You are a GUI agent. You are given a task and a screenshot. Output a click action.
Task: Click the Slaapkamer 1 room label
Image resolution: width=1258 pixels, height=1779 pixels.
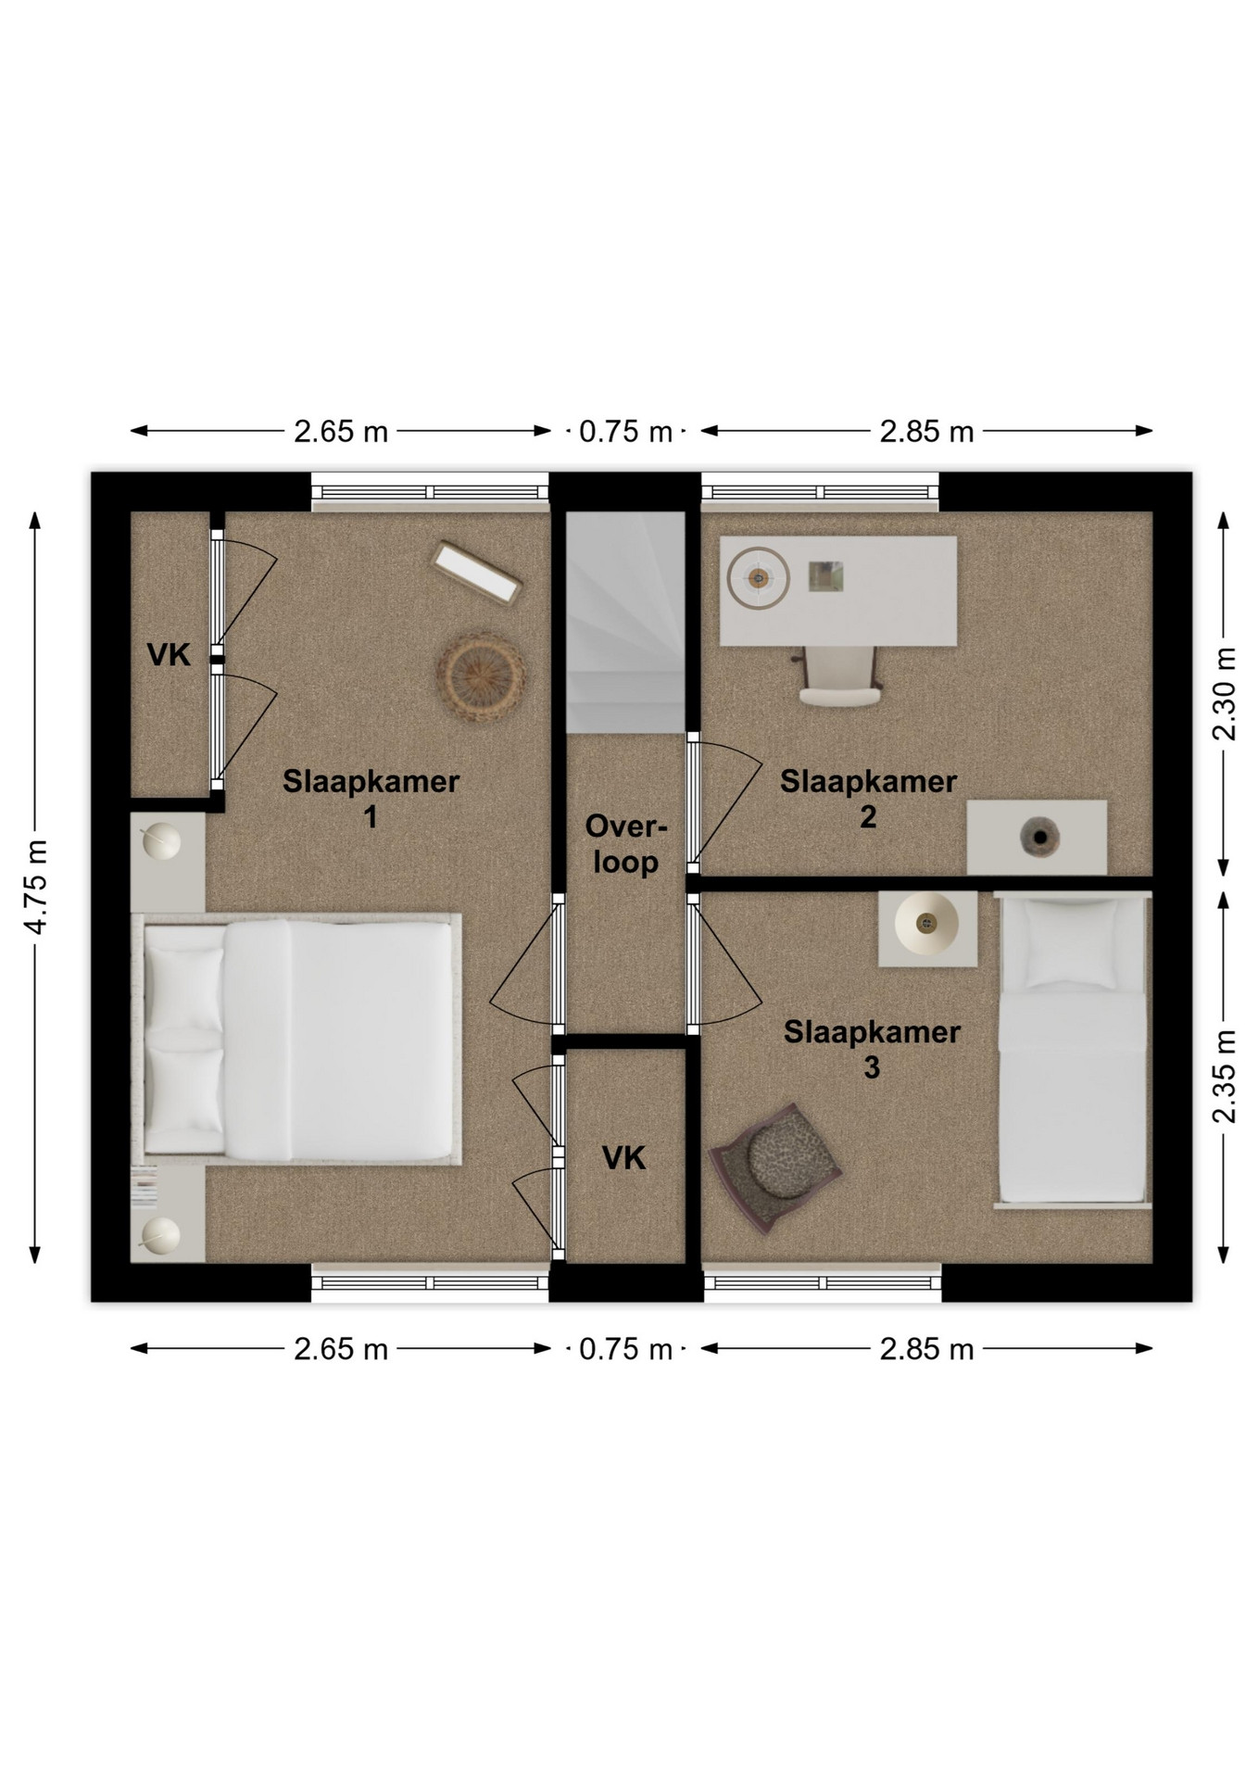tap(371, 799)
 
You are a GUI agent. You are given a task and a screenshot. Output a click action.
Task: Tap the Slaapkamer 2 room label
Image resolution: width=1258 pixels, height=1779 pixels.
tap(868, 799)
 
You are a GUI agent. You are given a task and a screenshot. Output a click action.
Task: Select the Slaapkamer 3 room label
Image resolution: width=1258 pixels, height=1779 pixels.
tap(872, 1049)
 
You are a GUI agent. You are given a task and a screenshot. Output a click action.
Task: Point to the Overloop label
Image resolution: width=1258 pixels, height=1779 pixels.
tap(626, 843)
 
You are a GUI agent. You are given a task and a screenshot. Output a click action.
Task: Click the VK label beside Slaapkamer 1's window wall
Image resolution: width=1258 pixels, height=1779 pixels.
tap(169, 655)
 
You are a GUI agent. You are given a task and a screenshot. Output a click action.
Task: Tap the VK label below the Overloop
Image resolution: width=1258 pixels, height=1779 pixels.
tap(623, 1157)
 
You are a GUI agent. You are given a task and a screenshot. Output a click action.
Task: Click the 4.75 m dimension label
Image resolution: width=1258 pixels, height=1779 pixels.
tap(37, 887)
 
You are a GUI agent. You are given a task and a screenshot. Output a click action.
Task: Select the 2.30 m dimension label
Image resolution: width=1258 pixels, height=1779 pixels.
tap(1225, 694)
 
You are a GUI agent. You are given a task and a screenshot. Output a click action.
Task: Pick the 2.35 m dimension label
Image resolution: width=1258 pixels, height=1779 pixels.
tap(1225, 1077)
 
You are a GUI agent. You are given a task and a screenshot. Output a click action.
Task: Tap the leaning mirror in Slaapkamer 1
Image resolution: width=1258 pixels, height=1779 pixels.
tap(477, 574)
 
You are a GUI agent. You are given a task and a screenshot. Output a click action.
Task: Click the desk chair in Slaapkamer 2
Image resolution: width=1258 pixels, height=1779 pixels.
tap(839, 677)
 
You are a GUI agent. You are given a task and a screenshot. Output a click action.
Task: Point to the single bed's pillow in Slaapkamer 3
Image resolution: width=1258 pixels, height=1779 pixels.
tap(1070, 943)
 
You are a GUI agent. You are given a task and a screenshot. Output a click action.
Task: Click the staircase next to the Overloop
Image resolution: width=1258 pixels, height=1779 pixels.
tap(625, 622)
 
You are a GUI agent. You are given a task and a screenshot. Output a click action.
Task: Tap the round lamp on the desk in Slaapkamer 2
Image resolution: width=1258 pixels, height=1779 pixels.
tap(759, 578)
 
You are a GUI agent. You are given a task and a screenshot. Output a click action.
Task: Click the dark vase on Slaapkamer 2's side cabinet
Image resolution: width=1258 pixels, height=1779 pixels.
tap(1037, 837)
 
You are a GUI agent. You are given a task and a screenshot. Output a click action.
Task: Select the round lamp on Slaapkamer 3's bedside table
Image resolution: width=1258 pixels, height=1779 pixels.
tap(926, 924)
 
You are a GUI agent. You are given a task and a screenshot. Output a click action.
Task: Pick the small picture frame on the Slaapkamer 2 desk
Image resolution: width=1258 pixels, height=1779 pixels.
tap(825, 575)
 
